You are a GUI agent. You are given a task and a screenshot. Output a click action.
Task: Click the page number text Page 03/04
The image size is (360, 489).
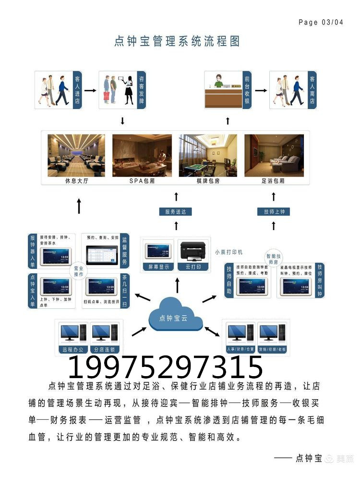point(321,22)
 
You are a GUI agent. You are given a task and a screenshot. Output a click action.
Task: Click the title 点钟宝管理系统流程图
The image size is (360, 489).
point(177,41)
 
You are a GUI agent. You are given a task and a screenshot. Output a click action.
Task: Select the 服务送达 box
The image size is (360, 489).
point(176,211)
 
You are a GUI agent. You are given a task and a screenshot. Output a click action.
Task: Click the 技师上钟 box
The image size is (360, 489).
point(274,211)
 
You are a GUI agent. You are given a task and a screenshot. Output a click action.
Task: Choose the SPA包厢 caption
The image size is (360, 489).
point(142,182)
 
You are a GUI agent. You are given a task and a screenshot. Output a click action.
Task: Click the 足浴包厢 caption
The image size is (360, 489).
point(274,182)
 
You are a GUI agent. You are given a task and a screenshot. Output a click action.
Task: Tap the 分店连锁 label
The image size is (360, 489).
point(105,349)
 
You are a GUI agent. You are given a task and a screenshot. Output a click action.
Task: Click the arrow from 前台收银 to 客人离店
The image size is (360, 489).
point(260,90)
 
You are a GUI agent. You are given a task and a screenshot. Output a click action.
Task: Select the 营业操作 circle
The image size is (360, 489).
point(78,271)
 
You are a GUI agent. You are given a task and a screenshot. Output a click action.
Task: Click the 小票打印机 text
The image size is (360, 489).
point(228,252)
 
